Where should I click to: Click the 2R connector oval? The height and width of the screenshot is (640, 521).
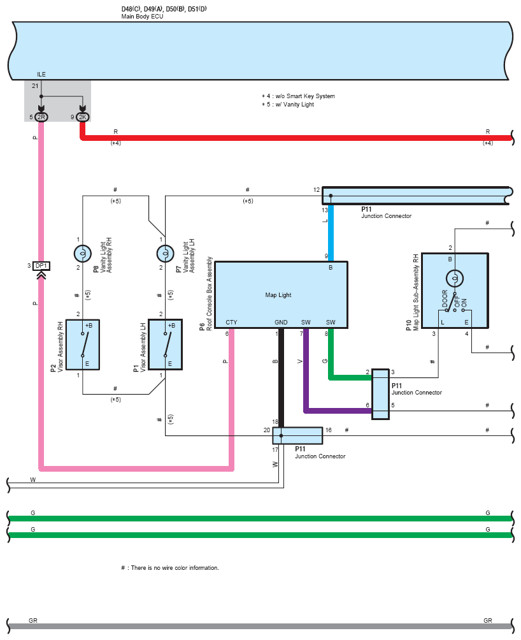pyautogui.click(x=41, y=117)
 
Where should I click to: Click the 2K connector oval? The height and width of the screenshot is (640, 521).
pyautogui.click(x=82, y=117)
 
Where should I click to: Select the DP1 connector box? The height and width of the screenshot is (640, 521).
pyautogui.click(x=41, y=266)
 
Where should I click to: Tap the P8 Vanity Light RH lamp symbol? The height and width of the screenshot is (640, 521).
pyautogui.click(x=82, y=254)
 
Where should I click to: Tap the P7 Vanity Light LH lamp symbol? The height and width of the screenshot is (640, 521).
pyautogui.click(x=165, y=254)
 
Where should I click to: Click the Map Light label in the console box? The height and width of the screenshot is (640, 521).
pyautogui.click(x=278, y=295)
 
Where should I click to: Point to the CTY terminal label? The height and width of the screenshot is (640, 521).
pyautogui.click(x=231, y=322)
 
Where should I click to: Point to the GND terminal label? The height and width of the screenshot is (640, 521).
pyautogui.click(x=281, y=322)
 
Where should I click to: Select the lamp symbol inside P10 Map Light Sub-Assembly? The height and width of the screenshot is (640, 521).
pyautogui.click(x=455, y=279)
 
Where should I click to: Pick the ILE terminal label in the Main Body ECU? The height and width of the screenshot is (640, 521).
pyautogui.click(x=41, y=75)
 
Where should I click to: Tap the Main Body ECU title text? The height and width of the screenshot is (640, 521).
pyautogui.click(x=142, y=17)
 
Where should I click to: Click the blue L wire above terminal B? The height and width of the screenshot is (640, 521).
pyautogui.click(x=331, y=233)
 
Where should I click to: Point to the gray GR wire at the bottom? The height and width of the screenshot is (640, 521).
pyautogui.click(x=260, y=626)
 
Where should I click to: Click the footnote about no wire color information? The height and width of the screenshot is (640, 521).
pyautogui.click(x=170, y=568)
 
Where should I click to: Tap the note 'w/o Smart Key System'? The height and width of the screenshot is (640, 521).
pyautogui.click(x=305, y=96)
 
